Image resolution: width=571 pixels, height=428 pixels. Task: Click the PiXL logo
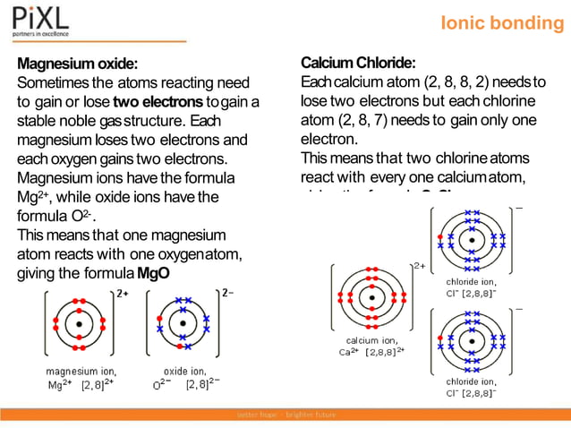(x=40, y=21)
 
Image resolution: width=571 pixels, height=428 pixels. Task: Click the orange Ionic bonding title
(x=502, y=23)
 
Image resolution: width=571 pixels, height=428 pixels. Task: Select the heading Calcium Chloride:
(x=358, y=63)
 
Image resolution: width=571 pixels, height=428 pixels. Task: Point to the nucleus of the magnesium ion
(x=80, y=322)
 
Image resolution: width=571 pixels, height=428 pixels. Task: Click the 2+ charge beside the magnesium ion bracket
(x=123, y=294)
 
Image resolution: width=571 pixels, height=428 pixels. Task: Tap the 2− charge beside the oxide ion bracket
(x=227, y=294)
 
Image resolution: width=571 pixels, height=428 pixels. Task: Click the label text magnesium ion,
(x=80, y=370)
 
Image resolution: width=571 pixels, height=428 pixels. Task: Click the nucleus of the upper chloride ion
(x=473, y=240)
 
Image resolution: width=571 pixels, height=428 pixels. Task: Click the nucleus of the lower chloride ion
(x=473, y=338)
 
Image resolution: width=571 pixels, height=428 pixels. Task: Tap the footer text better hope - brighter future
(x=285, y=415)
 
